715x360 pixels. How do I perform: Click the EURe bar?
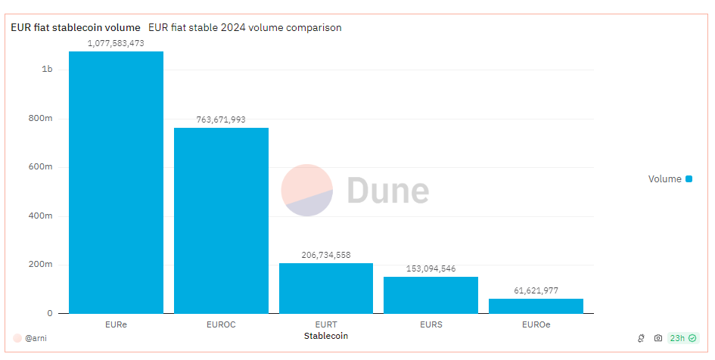pyautogui.click(x=116, y=182)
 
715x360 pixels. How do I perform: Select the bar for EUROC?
pyautogui.click(x=221, y=220)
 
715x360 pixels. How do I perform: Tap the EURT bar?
pyautogui.click(x=325, y=288)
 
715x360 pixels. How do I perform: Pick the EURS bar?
pyautogui.click(x=431, y=295)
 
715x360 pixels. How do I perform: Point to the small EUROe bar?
pyautogui.click(x=536, y=306)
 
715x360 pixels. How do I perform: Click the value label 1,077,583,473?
pyautogui.click(x=116, y=43)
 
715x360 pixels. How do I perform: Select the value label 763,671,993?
pyautogui.click(x=221, y=119)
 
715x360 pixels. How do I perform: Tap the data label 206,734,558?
pyautogui.click(x=325, y=255)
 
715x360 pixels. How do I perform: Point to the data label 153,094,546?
pyautogui.click(x=431, y=268)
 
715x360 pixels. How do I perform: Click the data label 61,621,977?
pyautogui.click(x=536, y=290)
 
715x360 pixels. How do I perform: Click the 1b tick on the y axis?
pyautogui.click(x=47, y=70)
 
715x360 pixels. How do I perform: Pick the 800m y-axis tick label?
pyautogui.click(x=41, y=118)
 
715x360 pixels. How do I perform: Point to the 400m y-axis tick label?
pyautogui.click(x=41, y=216)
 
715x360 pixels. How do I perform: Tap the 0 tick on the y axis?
pyautogui.click(x=50, y=313)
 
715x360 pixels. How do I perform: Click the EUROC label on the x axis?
pyautogui.click(x=221, y=324)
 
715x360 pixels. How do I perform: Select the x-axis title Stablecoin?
pyautogui.click(x=325, y=335)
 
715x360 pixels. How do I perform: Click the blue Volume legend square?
pyautogui.click(x=689, y=179)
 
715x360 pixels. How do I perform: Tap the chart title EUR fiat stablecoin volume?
pyautogui.click(x=75, y=27)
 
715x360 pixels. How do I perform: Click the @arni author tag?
pyautogui.click(x=35, y=338)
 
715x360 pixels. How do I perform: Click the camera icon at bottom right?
pyautogui.click(x=658, y=338)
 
